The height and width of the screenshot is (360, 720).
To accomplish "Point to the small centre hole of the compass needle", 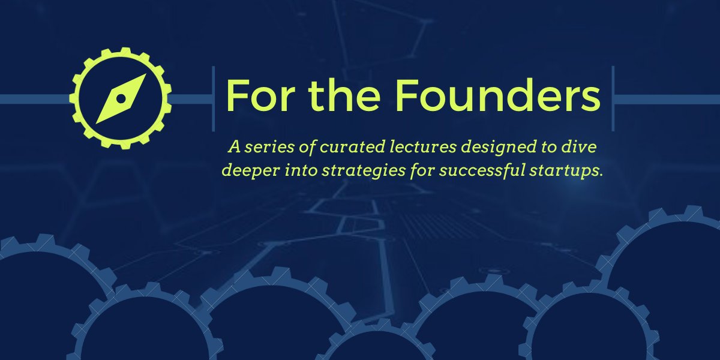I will (x=121, y=98).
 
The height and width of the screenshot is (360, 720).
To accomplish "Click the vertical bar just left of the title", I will (x=213, y=99).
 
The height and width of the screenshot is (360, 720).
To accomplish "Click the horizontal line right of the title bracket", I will (x=666, y=99).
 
